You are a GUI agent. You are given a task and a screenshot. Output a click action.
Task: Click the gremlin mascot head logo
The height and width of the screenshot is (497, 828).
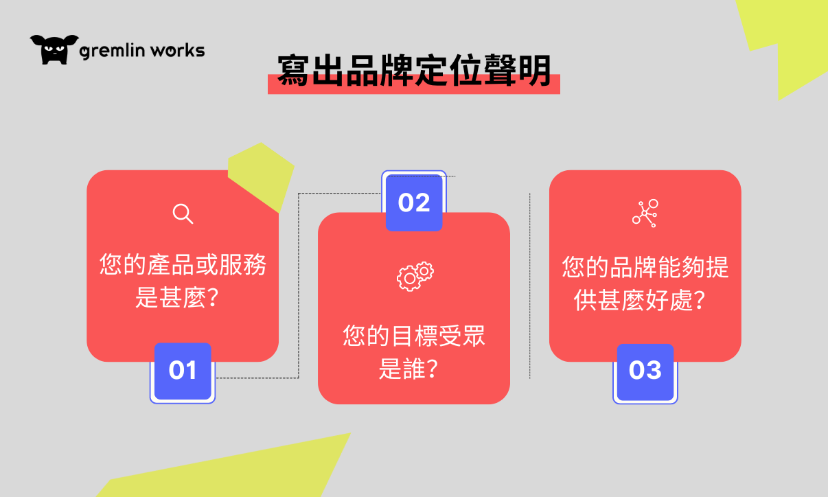54,49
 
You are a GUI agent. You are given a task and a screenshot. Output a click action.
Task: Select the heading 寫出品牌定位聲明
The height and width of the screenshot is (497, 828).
413,70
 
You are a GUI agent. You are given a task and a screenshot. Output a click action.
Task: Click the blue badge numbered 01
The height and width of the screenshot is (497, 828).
183,371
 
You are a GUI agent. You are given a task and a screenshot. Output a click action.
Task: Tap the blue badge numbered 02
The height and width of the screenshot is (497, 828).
414,203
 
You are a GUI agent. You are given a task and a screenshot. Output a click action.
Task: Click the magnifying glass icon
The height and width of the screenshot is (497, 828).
183,213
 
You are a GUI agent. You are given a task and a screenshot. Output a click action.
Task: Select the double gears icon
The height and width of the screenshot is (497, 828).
415,277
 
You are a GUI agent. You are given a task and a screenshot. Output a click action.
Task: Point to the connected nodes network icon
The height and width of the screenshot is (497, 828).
645,213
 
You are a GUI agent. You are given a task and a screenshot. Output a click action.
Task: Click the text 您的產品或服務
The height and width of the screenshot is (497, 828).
183,264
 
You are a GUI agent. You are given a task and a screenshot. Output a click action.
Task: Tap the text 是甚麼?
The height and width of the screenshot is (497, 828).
177,297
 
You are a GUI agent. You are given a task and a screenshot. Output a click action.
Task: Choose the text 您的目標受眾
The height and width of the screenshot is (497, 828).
413,336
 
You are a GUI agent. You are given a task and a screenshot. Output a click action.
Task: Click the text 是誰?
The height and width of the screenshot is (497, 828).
409,369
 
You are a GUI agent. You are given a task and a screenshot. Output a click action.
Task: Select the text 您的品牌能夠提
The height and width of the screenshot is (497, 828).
645,267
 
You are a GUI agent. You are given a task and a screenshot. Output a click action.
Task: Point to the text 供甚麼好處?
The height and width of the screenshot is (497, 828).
640,300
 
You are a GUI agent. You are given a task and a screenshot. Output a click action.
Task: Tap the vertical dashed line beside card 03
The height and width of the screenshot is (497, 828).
530,286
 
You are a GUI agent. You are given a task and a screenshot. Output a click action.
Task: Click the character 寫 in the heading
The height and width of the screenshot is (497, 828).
292,70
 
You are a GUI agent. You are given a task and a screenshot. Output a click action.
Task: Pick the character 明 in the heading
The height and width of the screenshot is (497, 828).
535,70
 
